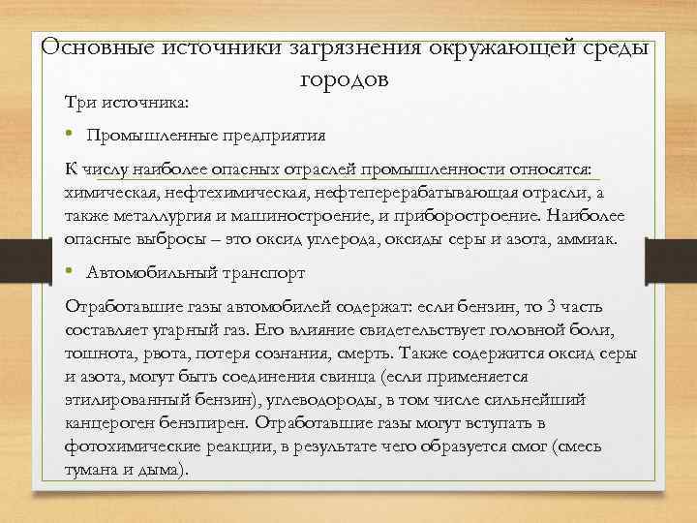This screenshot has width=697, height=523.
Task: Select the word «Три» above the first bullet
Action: [79, 102]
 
